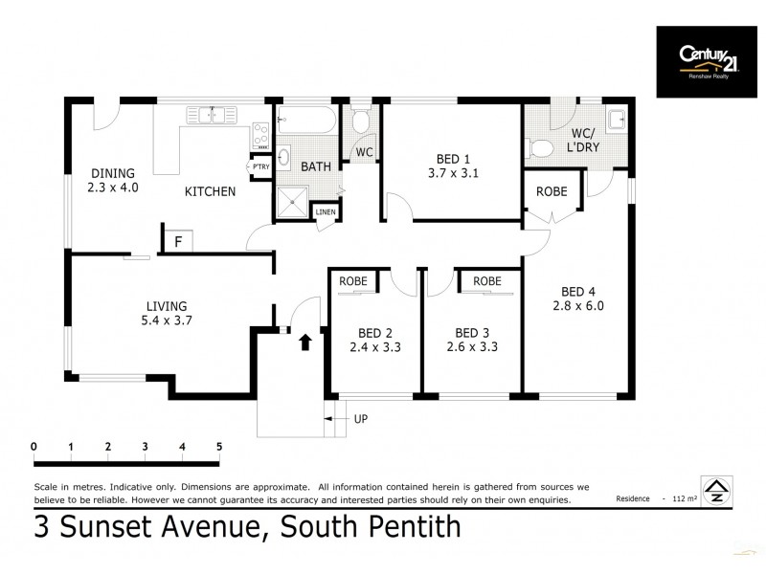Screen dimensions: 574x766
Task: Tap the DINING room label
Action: point(114,172)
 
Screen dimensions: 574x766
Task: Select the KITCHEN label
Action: point(210,191)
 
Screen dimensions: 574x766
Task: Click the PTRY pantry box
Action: point(259,166)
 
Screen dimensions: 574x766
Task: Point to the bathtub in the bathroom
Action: point(305,121)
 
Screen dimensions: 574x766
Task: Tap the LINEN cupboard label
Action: point(325,211)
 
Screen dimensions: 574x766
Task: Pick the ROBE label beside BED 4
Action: point(551,191)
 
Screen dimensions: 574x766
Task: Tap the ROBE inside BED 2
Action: point(354,281)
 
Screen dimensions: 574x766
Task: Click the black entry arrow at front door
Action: point(305,342)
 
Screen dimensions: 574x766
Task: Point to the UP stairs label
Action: point(360,419)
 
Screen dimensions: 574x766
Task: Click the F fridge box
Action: point(178,241)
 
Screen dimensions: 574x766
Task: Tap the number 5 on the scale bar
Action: point(218,446)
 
